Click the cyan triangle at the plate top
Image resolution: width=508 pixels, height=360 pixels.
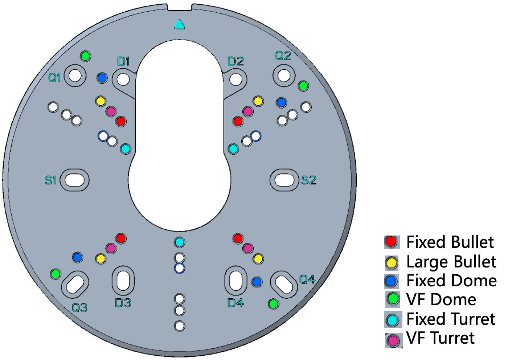(x=180, y=25)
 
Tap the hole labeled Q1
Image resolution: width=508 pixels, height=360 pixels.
(x=75, y=75)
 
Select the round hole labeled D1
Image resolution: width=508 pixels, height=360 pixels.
(x=123, y=79)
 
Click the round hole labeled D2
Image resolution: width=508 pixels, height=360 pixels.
(x=236, y=79)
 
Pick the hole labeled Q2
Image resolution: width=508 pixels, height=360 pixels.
(x=284, y=75)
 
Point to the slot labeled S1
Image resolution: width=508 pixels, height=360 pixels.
(x=75, y=180)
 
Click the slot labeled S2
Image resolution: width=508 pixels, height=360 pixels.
(x=284, y=180)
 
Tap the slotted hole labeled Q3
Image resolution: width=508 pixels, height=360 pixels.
(x=75, y=284)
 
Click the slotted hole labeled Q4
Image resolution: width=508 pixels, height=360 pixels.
(x=284, y=284)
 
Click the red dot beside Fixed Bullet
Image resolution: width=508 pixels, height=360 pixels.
(x=391, y=242)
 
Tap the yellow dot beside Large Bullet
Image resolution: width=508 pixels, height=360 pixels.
(x=392, y=262)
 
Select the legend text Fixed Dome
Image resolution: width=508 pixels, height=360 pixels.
(x=451, y=281)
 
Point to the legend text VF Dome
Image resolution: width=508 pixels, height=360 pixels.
(x=441, y=299)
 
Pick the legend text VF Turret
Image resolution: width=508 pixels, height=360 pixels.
(x=440, y=338)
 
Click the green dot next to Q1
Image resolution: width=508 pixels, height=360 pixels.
(x=86, y=56)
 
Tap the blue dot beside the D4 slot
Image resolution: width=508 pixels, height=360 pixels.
(x=257, y=282)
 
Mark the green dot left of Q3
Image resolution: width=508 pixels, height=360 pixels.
(x=56, y=274)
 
